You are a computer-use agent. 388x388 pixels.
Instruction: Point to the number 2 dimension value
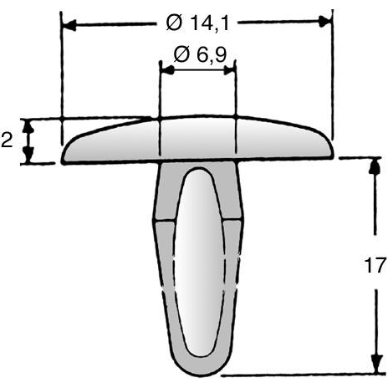click(7, 139)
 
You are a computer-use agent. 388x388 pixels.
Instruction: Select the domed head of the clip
click(197, 138)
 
